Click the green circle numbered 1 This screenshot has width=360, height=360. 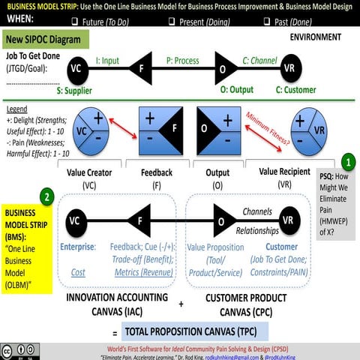349,161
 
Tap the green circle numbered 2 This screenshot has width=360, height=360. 47,198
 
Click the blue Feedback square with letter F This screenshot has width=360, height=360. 160,129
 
